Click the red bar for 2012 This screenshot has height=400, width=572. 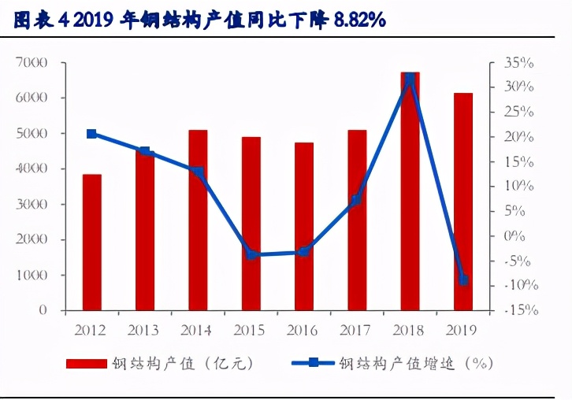91,242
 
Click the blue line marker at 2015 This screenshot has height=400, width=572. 251,254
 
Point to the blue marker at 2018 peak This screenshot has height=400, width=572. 410,79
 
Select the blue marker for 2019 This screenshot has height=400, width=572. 463,280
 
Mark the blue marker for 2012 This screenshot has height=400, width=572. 91,134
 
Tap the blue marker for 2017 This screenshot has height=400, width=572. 356,200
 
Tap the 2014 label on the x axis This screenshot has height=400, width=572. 198,329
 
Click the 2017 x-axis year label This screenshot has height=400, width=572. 357,329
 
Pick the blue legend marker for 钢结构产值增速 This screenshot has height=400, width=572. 313,363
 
